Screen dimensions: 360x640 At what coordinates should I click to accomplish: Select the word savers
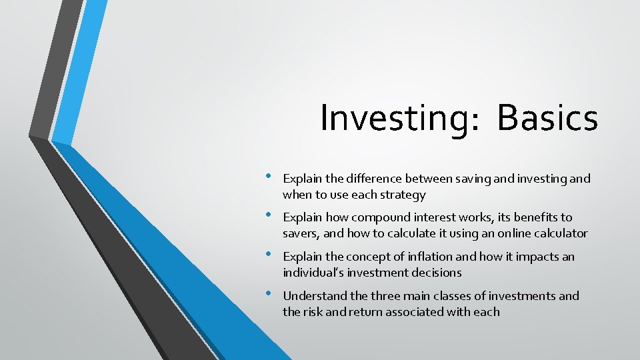click(299, 233)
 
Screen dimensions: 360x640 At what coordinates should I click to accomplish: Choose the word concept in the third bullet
click(350, 257)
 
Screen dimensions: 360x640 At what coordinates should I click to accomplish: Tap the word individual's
click(312, 273)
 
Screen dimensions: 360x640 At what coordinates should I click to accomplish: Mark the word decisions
click(437, 273)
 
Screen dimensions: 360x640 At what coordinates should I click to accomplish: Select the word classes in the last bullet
click(441, 296)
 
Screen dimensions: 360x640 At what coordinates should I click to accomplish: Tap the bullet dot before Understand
click(267, 293)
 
